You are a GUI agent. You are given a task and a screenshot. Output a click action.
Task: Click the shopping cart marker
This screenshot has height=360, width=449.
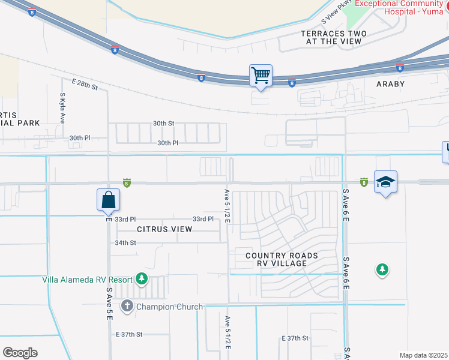tap(261, 76)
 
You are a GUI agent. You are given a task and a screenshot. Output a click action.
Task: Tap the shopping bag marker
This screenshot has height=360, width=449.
tap(108, 200)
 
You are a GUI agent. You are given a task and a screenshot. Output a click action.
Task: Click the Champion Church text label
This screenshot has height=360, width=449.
tap(169, 307)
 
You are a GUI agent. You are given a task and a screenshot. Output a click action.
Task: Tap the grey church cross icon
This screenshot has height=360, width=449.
tap(127, 307)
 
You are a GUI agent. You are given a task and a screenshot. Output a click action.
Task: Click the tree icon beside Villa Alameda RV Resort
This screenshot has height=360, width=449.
tap(142, 278)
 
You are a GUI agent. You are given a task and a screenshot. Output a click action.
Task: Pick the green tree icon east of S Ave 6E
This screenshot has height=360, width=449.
tap(382, 270)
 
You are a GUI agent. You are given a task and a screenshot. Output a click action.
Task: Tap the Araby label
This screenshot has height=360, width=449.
tap(390, 85)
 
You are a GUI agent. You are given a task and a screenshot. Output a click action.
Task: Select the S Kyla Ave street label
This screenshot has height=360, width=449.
tap(62, 108)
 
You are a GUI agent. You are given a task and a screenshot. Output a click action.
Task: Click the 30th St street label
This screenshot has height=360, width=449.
tap(163, 123)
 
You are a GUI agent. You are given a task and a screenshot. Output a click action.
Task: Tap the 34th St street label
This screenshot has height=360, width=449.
tap(126, 242)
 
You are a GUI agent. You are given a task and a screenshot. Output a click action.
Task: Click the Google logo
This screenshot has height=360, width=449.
tap(20, 353)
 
